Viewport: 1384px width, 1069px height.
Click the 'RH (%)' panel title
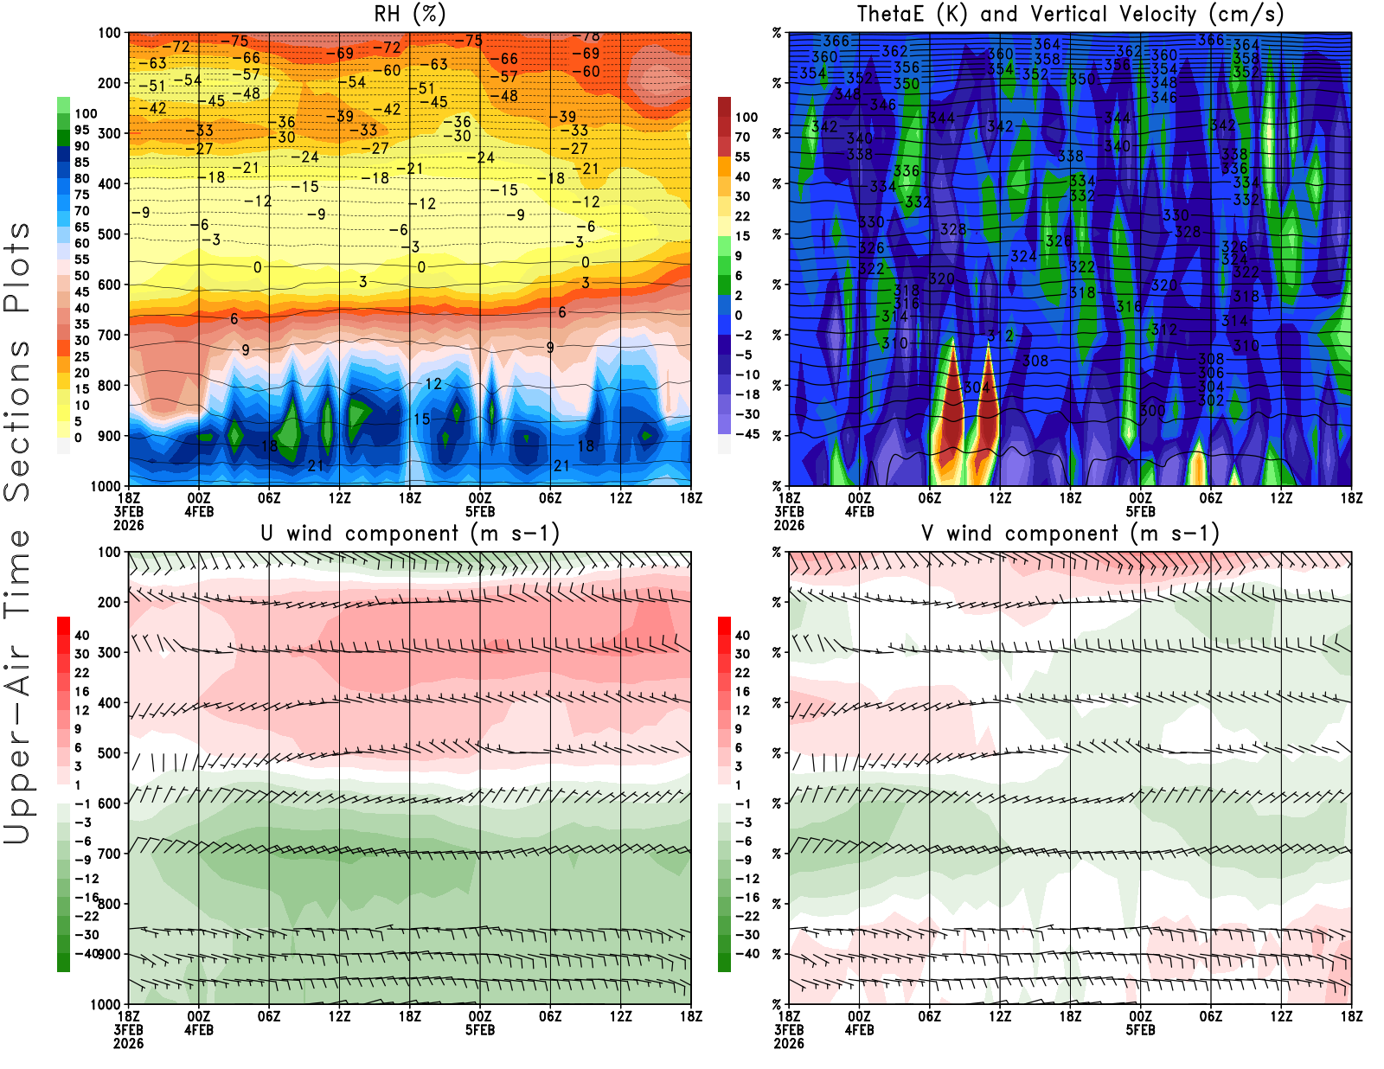click(x=409, y=14)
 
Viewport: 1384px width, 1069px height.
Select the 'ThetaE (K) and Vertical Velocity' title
click(x=1070, y=14)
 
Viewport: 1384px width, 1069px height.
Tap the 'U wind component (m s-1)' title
click(x=409, y=533)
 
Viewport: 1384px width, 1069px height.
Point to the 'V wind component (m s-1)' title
click(x=1070, y=533)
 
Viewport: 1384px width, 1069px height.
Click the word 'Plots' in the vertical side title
click(x=17, y=268)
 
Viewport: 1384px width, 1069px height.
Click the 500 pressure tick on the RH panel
click(x=110, y=234)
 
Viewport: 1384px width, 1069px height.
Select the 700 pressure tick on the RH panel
click(x=110, y=335)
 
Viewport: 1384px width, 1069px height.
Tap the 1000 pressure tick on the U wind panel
click(x=106, y=1004)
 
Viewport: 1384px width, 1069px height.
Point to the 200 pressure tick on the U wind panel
click(x=110, y=602)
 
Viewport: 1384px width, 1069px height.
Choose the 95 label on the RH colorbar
click(x=81, y=130)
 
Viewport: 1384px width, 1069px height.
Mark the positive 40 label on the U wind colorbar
click(x=81, y=635)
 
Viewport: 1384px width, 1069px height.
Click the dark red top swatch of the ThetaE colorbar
click(x=724, y=107)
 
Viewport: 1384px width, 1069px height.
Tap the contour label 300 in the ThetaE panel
click(x=1152, y=410)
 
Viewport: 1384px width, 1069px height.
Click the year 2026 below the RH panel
click(x=128, y=525)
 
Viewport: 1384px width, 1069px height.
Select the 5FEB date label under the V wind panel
click(x=1140, y=1030)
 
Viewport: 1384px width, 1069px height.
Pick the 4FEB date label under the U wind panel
click(x=199, y=1030)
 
